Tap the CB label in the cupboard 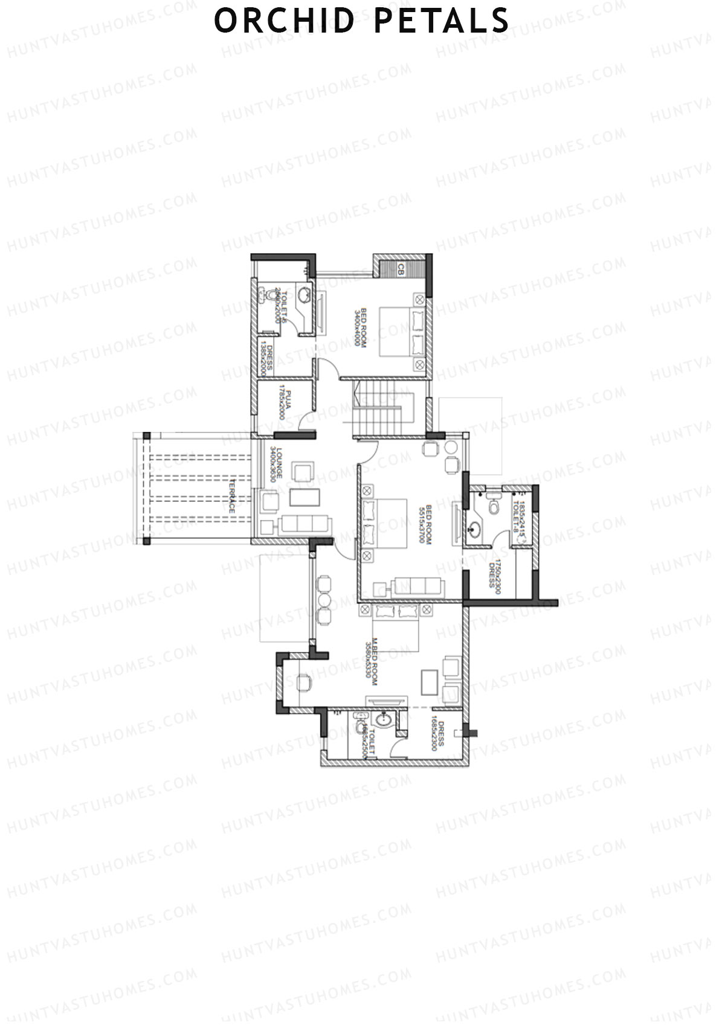[399, 271]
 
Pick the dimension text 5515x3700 [422, 525]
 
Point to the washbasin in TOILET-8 [475, 530]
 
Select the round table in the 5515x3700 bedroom [451, 448]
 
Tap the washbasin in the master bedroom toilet [383, 720]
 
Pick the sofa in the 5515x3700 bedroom [417, 585]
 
